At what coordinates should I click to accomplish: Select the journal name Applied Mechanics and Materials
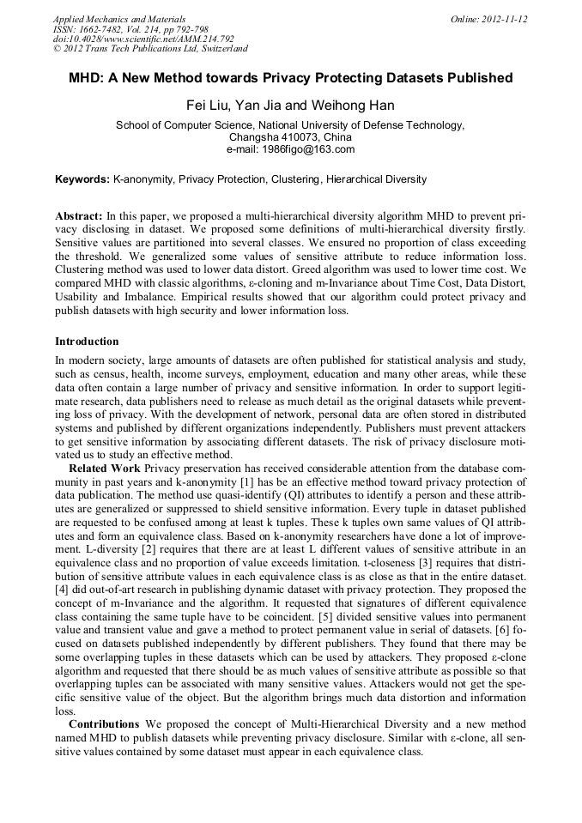click(x=119, y=19)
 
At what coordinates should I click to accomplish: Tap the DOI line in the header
click(x=143, y=39)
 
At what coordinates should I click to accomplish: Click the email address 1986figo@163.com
click(x=308, y=149)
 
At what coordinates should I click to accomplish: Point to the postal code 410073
click(x=294, y=137)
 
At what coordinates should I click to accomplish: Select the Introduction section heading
click(x=88, y=341)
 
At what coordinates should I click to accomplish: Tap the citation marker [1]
click(x=245, y=481)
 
